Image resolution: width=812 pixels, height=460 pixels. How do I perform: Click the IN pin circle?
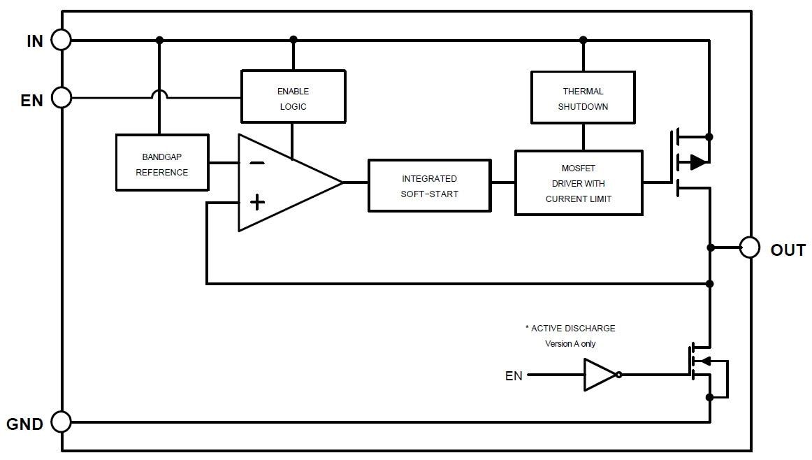[x=61, y=41]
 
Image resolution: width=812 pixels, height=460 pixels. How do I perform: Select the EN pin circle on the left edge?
[x=61, y=98]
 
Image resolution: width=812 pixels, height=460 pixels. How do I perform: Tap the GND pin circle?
[x=61, y=422]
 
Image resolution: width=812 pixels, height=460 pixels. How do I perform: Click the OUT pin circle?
[x=750, y=247]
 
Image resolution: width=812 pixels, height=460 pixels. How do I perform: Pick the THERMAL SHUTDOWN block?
[x=583, y=99]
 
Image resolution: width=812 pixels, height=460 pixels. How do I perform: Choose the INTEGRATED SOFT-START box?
[x=429, y=186]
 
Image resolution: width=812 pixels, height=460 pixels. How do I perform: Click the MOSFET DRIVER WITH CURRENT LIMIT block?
[x=579, y=183]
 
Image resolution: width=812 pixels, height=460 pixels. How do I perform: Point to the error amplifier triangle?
[x=283, y=182]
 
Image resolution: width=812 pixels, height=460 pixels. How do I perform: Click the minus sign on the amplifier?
[x=257, y=164]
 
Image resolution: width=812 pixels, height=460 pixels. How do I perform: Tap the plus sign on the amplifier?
[x=257, y=203]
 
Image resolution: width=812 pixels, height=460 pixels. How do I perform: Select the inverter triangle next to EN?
[x=600, y=375]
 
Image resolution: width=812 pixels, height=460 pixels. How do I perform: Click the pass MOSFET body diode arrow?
[x=698, y=163]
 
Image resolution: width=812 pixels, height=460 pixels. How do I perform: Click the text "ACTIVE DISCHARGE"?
[x=573, y=328]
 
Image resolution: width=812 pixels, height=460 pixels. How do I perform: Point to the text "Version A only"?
[x=570, y=344]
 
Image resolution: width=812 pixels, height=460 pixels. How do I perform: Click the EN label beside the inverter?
[x=514, y=376]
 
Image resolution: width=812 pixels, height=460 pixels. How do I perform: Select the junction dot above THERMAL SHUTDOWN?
[x=583, y=40]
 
